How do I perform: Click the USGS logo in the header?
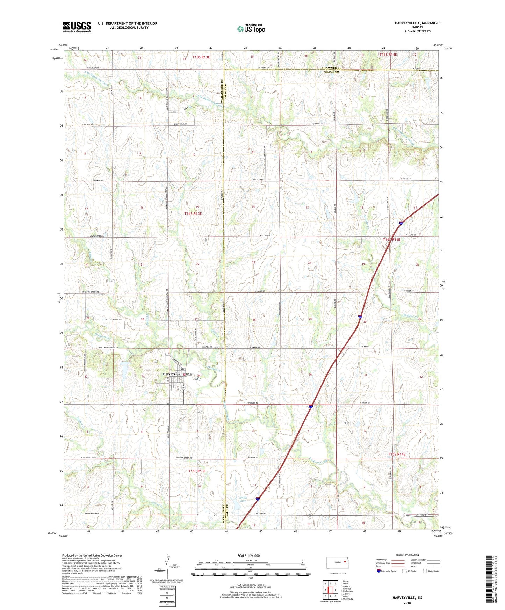77,27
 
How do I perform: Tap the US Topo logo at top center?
251,29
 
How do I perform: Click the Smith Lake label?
243,499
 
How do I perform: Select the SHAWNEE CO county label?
332,68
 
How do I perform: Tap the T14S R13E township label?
193,213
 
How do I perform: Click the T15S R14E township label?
397,454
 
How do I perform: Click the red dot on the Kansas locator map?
344,562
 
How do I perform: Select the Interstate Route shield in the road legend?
379,571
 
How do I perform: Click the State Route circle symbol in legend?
425,571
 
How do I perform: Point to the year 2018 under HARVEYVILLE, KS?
407,603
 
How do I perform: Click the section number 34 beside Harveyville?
199,376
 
